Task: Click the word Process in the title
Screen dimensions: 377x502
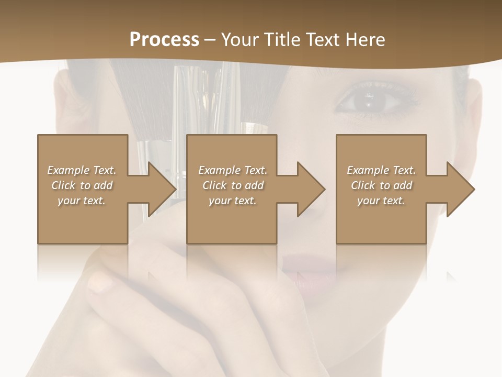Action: point(164,40)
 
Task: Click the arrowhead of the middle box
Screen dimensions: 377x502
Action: point(310,189)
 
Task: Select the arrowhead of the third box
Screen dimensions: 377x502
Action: point(460,189)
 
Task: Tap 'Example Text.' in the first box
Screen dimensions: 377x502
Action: point(82,170)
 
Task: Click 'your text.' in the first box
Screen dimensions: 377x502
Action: point(82,201)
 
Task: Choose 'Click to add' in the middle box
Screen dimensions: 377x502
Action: point(233,185)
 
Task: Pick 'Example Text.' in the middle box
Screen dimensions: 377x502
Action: point(233,170)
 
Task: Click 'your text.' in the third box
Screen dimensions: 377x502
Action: point(381,201)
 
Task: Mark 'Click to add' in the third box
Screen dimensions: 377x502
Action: point(381,185)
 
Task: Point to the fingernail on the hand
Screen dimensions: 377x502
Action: point(100,283)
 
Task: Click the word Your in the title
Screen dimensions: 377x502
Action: point(239,40)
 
